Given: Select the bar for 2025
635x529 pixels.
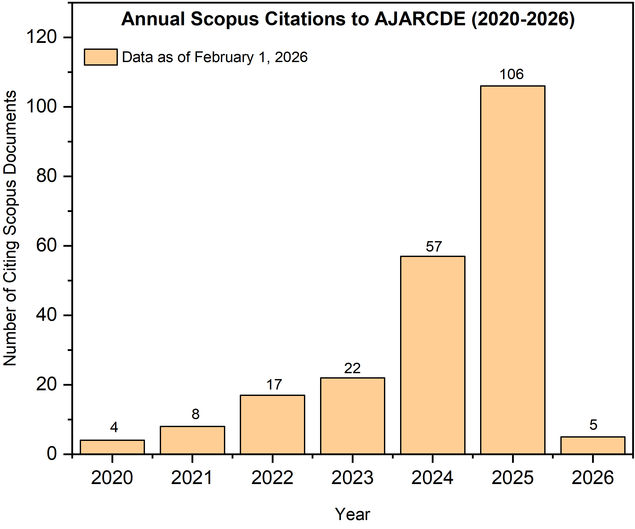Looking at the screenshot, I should [x=513, y=270].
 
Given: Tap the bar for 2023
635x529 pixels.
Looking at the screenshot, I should [x=353, y=416].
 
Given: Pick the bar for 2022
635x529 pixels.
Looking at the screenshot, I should [x=273, y=425].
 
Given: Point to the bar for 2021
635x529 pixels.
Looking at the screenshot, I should [x=192, y=440].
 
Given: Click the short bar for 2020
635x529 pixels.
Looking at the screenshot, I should [x=112, y=447].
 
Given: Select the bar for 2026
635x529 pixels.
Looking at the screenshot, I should [x=593, y=445].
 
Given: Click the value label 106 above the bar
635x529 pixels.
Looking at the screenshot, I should [x=511, y=74].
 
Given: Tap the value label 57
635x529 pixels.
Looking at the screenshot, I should [x=434, y=246].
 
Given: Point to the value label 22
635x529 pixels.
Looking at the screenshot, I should [x=352, y=368].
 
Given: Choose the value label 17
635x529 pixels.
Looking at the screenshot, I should [x=274, y=385].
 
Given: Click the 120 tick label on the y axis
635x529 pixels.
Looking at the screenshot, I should [x=42, y=38].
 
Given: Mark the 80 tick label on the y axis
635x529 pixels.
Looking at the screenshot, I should [x=46, y=176].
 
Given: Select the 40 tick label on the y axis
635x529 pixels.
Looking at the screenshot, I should [x=46, y=315].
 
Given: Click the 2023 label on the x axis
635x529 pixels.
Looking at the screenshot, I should [x=352, y=478].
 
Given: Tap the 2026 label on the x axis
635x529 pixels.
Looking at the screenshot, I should [x=592, y=478].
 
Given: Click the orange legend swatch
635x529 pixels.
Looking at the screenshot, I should [x=101, y=57].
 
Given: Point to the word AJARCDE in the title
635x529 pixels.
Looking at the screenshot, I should [x=420, y=19].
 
